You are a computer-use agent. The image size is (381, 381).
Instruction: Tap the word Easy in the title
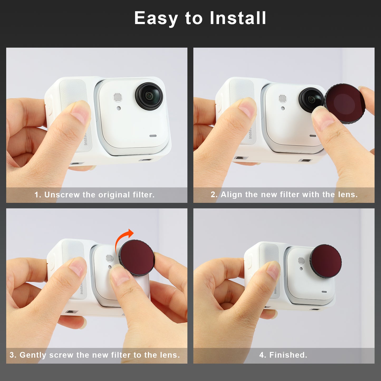(x=156, y=18)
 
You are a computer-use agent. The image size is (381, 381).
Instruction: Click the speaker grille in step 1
(x=118, y=97)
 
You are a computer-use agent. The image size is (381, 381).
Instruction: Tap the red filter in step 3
(x=137, y=257)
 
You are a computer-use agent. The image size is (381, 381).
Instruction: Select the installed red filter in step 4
(x=326, y=261)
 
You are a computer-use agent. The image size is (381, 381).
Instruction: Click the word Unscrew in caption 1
(x=62, y=195)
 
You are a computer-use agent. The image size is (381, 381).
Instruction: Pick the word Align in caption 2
(x=231, y=195)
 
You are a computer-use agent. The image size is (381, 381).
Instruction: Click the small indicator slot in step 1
(x=153, y=136)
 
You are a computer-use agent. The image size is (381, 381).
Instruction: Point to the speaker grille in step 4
(x=301, y=261)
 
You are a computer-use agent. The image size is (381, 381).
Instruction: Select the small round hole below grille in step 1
(x=119, y=108)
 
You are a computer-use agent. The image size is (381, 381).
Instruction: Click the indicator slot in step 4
(x=324, y=292)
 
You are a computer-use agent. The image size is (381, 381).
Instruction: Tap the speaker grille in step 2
(x=282, y=99)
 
